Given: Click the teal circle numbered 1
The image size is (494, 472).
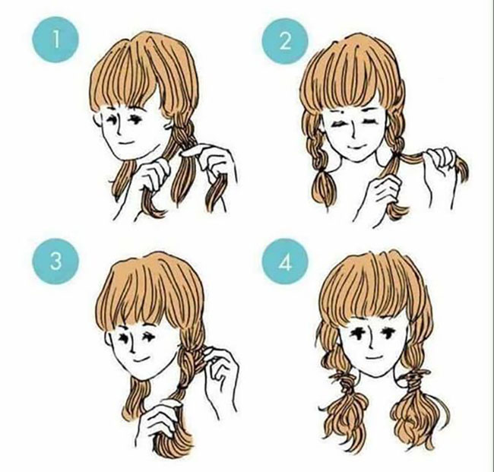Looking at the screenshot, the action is [55, 40].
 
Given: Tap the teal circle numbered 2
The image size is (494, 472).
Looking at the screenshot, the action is [285, 41].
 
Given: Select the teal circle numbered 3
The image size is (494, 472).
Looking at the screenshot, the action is [55, 261].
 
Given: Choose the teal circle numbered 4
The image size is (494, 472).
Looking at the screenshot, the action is [285, 261].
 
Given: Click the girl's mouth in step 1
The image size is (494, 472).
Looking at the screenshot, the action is [126, 142].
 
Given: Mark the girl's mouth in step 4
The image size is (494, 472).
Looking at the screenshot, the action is [375, 357].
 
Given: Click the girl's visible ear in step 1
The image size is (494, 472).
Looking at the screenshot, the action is [98, 120].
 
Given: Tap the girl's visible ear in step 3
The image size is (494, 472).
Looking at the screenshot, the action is [109, 340].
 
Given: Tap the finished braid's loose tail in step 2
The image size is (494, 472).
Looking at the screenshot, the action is [323, 189].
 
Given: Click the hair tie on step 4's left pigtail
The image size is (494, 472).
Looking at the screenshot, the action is [346, 380].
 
